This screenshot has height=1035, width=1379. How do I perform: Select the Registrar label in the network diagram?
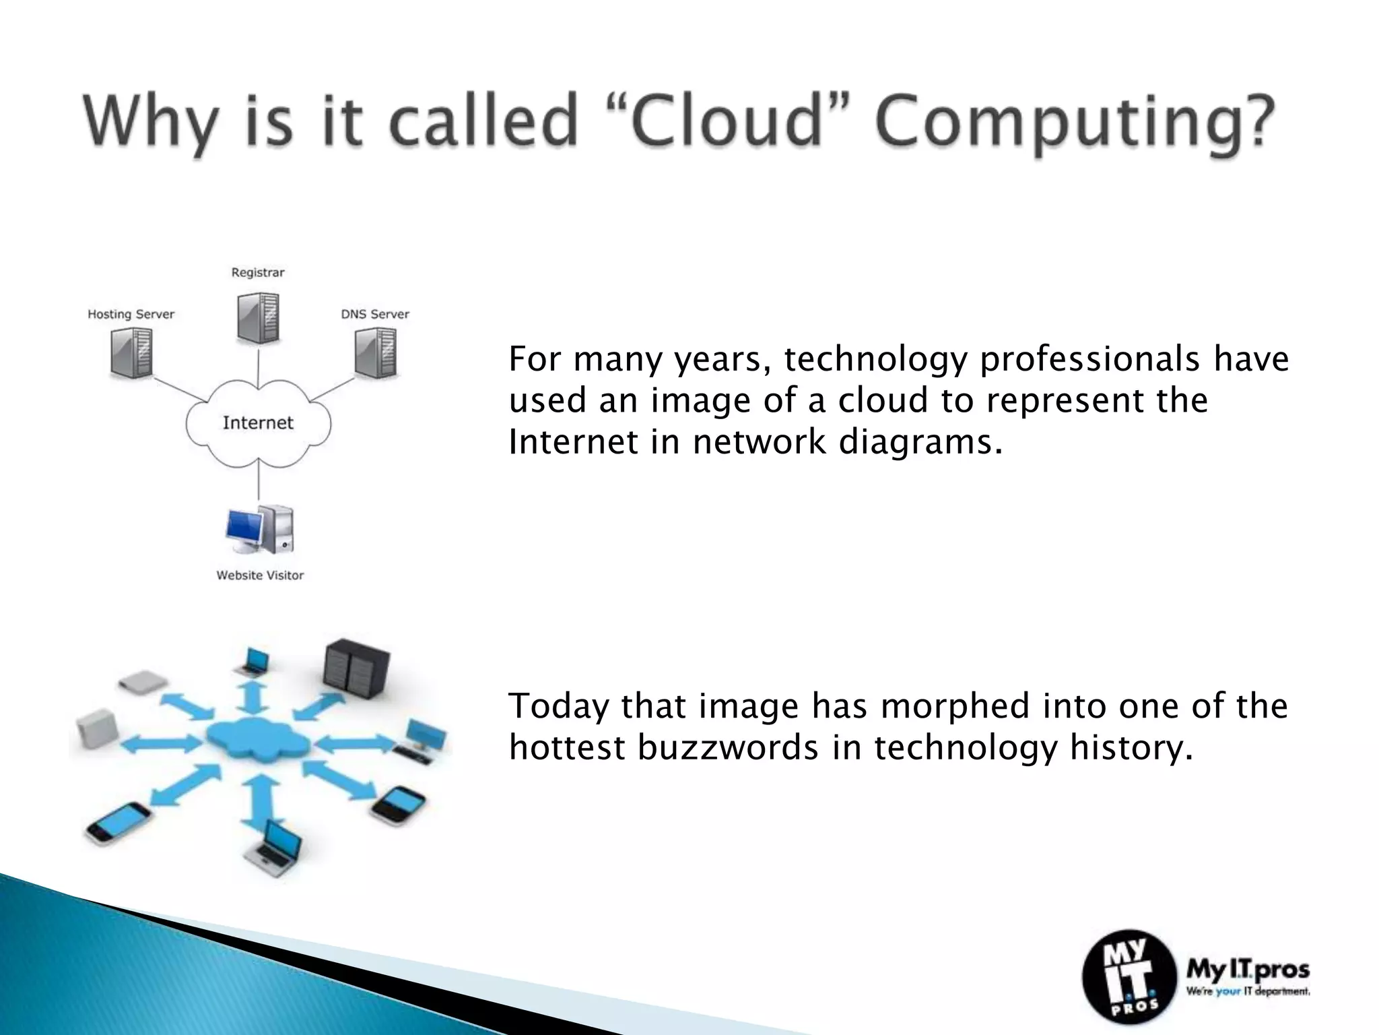258,273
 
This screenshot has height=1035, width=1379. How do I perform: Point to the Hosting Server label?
131,314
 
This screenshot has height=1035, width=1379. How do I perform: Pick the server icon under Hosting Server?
132,352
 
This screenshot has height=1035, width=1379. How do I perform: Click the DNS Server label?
375,314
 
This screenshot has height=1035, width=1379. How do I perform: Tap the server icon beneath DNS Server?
376,352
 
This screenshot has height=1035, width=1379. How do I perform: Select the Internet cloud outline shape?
258,423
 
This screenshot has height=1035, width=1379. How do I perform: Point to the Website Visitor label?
260,575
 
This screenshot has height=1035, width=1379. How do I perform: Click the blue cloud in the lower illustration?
258,741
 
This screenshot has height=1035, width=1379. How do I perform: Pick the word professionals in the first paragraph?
1089,359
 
